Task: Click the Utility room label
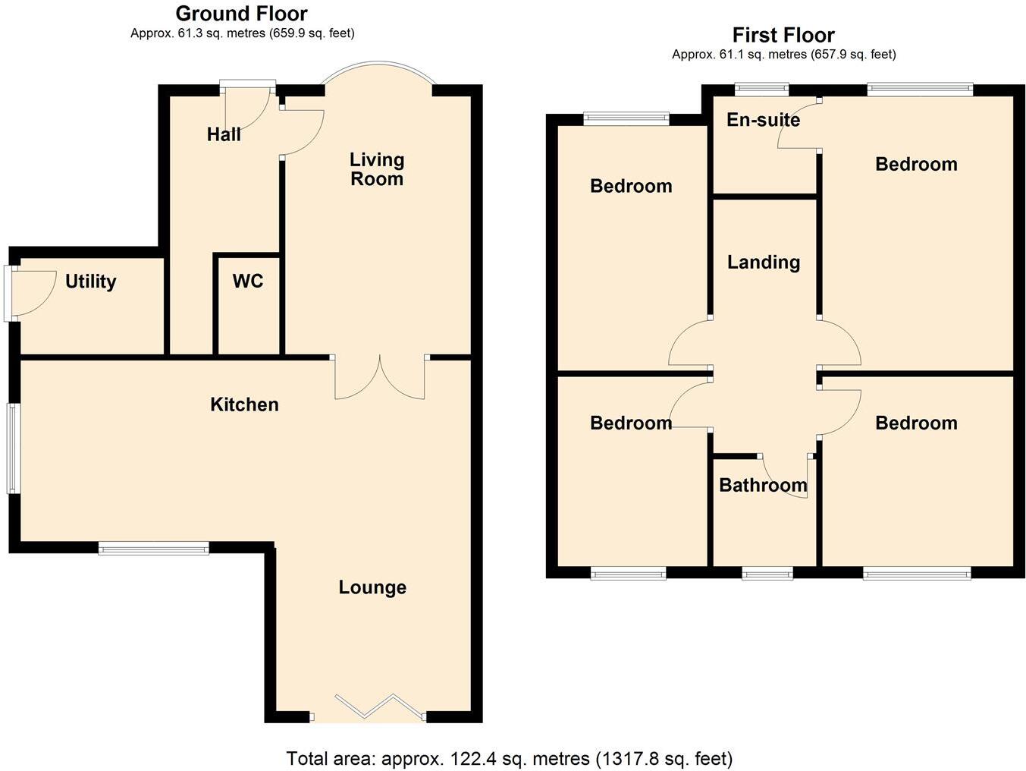coord(90,282)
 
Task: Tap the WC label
coord(247,282)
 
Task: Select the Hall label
coord(224,135)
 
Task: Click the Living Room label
coord(376,169)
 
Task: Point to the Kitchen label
coord(244,404)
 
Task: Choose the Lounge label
coord(372,587)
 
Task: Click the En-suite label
coord(763,120)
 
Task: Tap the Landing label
coord(764,263)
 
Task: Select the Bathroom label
coord(763,485)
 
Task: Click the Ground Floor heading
coord(241,14)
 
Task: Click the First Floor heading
coord(783,35)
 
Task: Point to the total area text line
coord(510,758)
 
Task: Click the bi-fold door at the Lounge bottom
coord(368,707)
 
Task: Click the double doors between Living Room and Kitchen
coord(380,377)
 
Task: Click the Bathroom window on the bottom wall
coord(767,574)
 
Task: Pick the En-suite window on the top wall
coord(761,89)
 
